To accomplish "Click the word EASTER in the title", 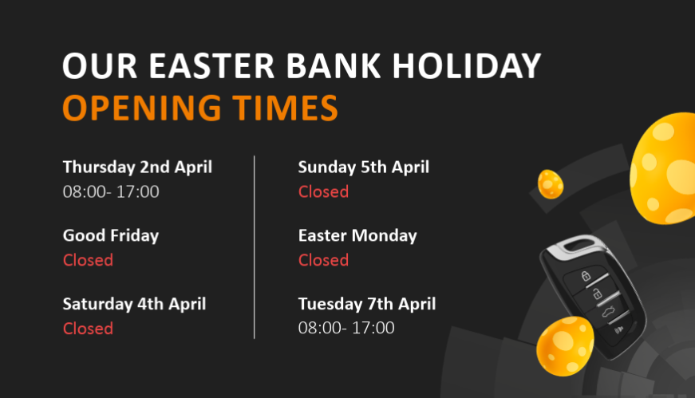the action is pos(211,66).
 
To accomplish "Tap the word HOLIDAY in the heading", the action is pos(466,66).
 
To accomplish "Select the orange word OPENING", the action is pos(142,108).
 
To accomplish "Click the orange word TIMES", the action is pos(286,108).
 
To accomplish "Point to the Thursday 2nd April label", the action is pos(137,167).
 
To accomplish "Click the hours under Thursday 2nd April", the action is pos(111,191).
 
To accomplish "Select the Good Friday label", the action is pos(111,236).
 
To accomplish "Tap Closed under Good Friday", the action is pos(88,260).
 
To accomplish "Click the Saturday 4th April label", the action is pos(134,304).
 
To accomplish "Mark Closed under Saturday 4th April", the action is pos(88,329).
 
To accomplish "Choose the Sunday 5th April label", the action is pos(363,167).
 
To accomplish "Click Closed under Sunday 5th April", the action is pos(323,191).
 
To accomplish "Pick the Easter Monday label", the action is pos(357,236).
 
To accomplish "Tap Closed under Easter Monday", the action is pos(323,260).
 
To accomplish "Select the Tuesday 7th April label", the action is pos(367,304).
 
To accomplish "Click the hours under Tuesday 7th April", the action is pos(346,328).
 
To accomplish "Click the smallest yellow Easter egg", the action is pos(551,184).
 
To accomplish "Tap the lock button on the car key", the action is pos(586,276).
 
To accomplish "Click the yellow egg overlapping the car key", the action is pos(565,346).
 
